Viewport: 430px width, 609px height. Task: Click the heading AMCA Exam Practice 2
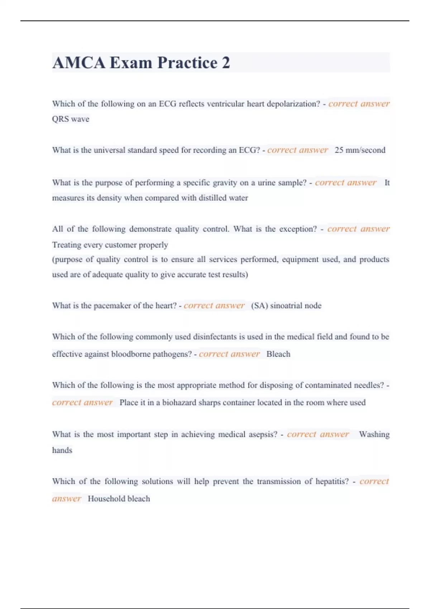(141, 63)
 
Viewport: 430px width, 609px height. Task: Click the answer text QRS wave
(71, 119)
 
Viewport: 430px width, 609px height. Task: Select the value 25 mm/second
(360, 150)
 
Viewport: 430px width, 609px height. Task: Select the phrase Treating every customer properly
(110, 245)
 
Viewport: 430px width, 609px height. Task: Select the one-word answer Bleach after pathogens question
(278, 354)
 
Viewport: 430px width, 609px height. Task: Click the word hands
(62, 450)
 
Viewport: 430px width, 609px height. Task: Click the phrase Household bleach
(119, 499)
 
